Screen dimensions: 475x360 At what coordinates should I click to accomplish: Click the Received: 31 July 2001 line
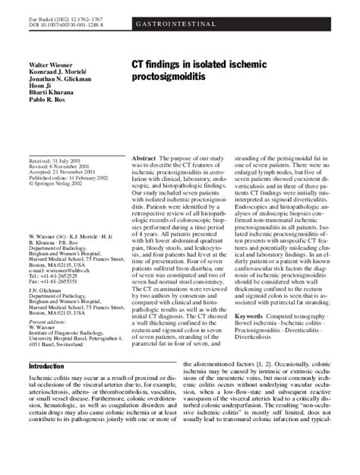tap(55, 163)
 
